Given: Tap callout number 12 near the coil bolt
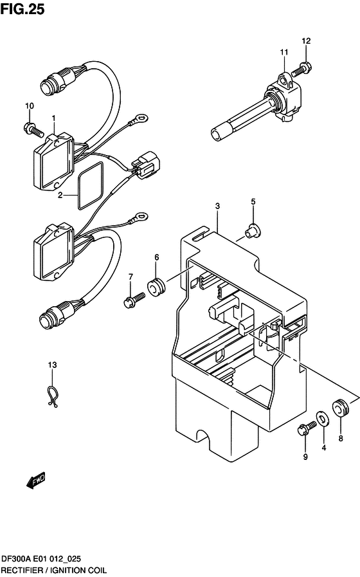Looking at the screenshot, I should coord(307,41).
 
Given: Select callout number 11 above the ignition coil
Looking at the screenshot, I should coord(283,52).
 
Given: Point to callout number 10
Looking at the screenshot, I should coord(29,105).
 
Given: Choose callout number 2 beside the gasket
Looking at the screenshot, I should coord(60,194).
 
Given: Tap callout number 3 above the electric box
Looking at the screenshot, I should coord(217,206).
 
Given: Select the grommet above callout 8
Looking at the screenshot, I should coord(340,407).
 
